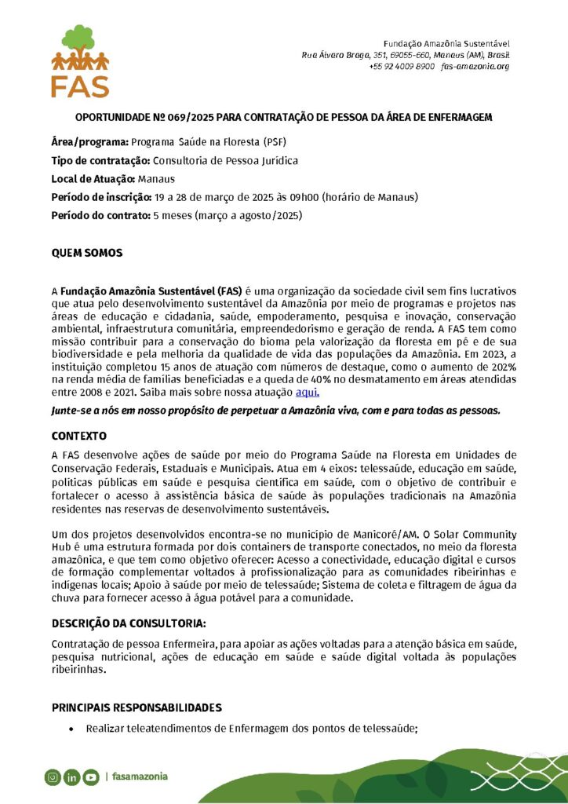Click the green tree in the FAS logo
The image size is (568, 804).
tap(80, 39)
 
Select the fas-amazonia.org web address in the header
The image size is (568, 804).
tap(475, 67)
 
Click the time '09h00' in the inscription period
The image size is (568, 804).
tap(305, 197)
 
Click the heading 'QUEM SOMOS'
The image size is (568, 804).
tap(87, 254)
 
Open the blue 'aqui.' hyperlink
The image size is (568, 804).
tap(307, 392)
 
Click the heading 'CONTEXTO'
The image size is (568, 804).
tap(79, 435)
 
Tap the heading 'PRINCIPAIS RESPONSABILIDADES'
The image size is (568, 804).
tap(137, 707)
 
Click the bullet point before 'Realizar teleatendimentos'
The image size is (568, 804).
tap(72, 729)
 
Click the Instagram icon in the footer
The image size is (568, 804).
tap(53, 777)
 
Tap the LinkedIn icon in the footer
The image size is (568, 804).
tap(71, 777)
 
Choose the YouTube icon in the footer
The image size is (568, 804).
tap(90, 777)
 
